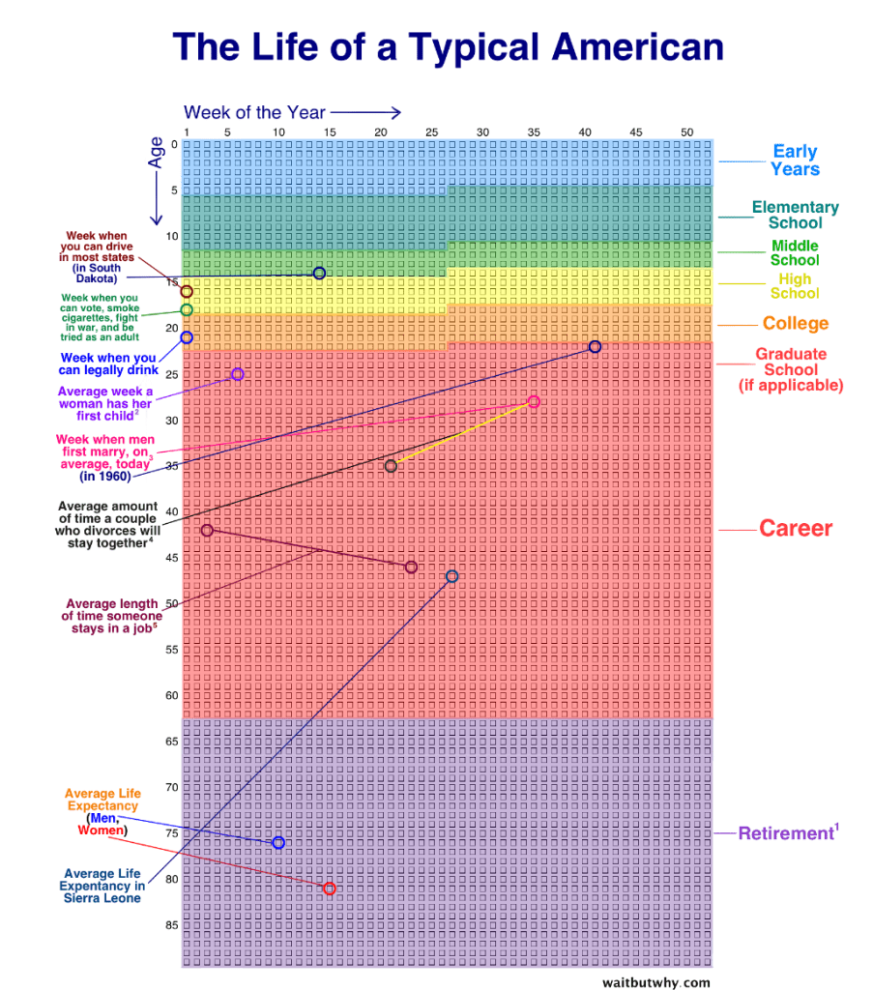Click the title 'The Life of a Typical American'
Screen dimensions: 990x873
click(448, 46)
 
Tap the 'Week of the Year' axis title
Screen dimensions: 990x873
click(255, 112)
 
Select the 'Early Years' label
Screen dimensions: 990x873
click(795, 160)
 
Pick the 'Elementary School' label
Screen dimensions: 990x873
click(795, 215)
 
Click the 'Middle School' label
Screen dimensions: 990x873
click(795, 252)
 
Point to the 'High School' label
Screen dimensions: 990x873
click(795, 286)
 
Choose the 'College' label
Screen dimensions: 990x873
click(795, 324)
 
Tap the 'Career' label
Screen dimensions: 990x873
click(795, 529)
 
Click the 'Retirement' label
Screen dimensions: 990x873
click(785, 833)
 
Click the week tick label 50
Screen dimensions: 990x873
click(687, 132)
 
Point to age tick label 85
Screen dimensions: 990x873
click(170, 925)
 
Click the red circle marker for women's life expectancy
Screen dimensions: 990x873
click(330, 888)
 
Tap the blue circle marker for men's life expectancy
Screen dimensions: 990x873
click(278, 843)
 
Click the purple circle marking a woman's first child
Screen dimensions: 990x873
click(238, 374)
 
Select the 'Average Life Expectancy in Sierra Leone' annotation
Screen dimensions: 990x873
click(102, 886)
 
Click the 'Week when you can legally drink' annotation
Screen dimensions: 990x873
click(106, 364)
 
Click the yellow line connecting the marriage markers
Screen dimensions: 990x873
click(462, 434)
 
